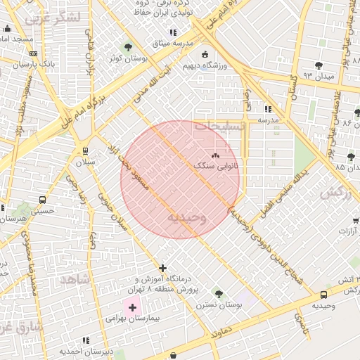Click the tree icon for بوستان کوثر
[128, 47]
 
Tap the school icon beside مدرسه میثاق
[172, 32]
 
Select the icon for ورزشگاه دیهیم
[205, 54]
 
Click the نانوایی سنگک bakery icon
[215, 155]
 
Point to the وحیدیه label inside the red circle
[187, 218]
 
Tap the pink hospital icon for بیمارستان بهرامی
[132, 307]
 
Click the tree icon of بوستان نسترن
[219, 293]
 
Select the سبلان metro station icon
[85, 150]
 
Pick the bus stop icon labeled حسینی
[43, 200]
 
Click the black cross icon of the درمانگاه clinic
[162, 268]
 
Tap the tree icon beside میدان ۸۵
[351, 156]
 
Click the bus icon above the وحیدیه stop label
[323, 296]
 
